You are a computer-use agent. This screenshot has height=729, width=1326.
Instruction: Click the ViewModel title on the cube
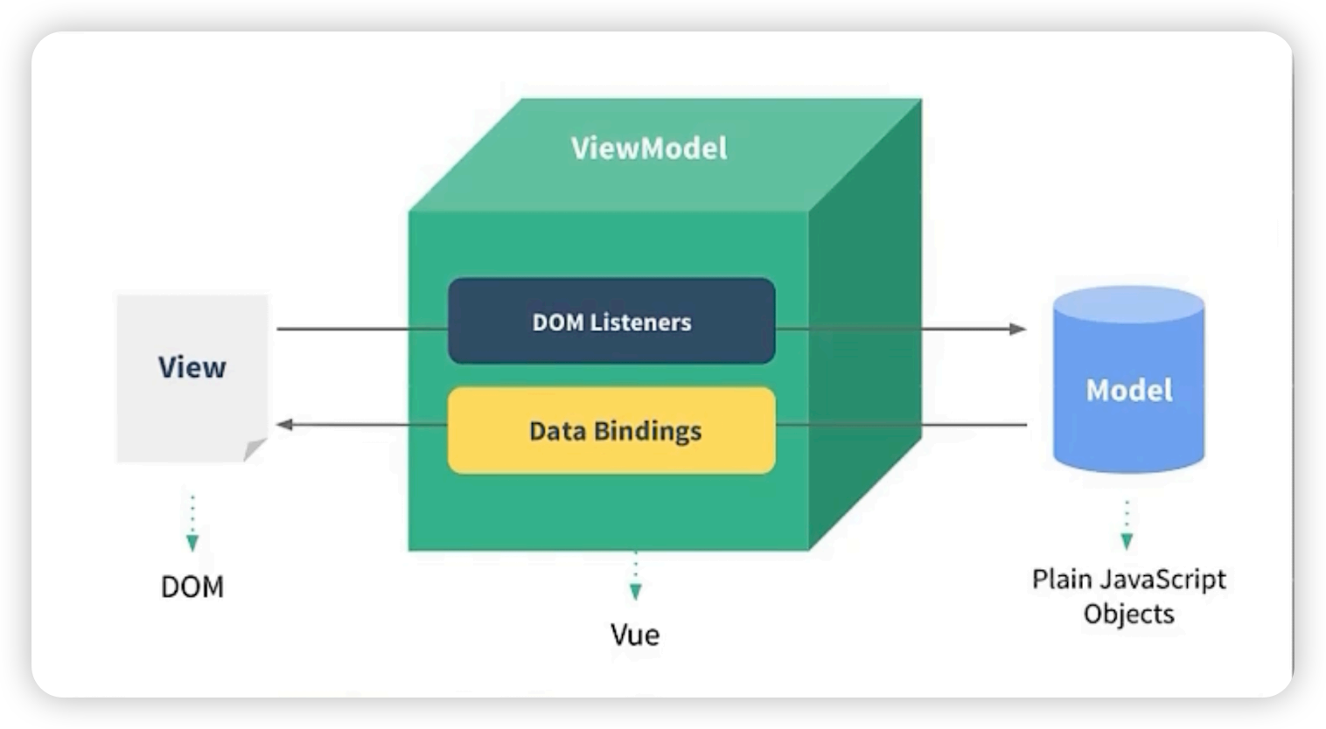click(x=649, y=148)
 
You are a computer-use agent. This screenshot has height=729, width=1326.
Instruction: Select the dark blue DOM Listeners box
click(x=611, y=321)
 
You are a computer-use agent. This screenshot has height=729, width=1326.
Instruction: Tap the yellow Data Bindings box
click(x=611, y=430)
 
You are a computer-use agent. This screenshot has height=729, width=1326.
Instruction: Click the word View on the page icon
click(x=192, y=367)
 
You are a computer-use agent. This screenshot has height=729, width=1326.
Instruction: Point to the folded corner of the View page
click(x=255, y=449)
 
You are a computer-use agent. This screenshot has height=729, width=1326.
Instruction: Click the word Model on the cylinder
click(x=1129, y=390)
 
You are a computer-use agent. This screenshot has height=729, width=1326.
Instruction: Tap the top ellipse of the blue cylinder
click(x=1129, y=305)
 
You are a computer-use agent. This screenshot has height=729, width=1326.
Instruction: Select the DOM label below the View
click(x=192, y=587)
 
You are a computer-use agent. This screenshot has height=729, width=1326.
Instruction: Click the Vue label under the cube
click(x=635, y=635)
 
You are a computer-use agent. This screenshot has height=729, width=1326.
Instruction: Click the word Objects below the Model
click(x=1129, y=614)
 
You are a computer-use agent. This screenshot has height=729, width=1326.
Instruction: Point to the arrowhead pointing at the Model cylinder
click(x=1018, y=329)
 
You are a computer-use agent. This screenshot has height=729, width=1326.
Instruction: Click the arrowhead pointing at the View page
click(x=285, y=424)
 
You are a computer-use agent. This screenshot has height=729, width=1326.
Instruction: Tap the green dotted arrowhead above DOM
click(x=192, y=543)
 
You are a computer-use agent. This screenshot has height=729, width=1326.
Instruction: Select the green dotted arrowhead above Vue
click(x=635, y=592)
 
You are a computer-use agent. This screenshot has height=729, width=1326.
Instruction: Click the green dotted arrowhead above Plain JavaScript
click(x=1127, y=541)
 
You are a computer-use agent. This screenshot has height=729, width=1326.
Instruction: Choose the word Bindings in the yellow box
click(x=647, y=431)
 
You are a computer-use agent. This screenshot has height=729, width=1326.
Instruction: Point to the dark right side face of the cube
click(x=865, y=324)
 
